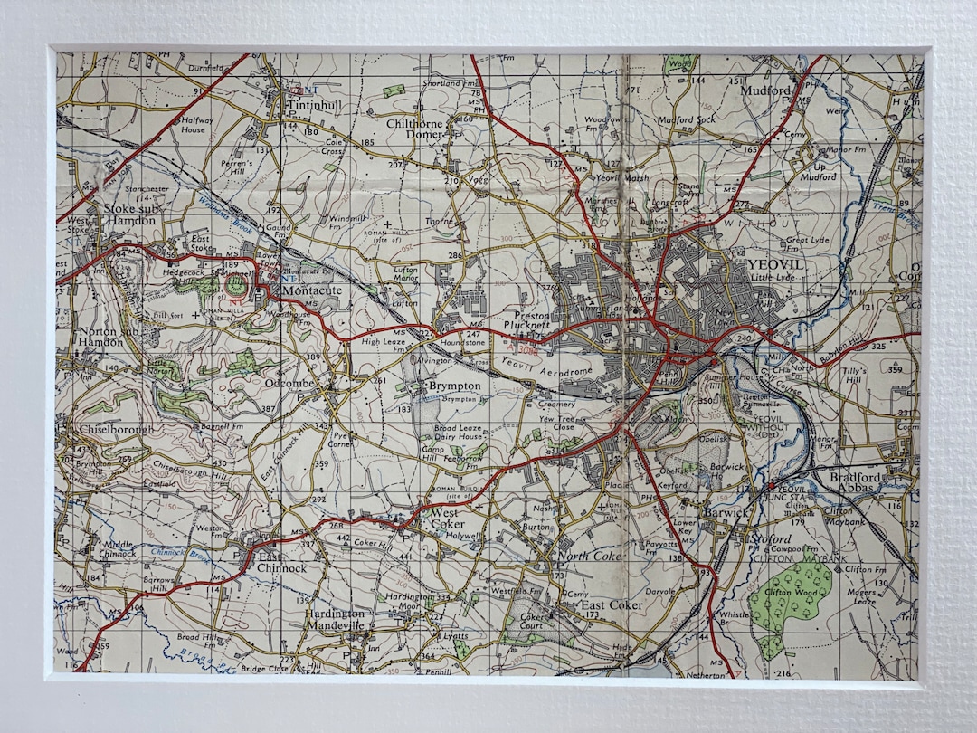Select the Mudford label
click(765, 91)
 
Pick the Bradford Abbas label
click(848, 482)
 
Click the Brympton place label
click(454, 386)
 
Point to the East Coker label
click(612, 604)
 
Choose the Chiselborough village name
click(116, 429)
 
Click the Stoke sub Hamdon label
click(128, 214)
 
